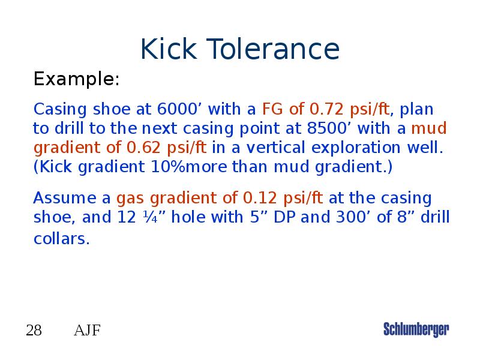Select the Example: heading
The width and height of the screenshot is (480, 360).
pos(76,79)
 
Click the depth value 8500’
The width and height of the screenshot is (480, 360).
pos(355,129)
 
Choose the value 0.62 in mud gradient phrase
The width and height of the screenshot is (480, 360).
pos(145,148)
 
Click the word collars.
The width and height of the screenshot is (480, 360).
pos(61,239)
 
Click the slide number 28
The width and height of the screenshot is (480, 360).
pos(34,330)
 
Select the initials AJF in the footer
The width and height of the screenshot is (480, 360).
pos(87,330)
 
